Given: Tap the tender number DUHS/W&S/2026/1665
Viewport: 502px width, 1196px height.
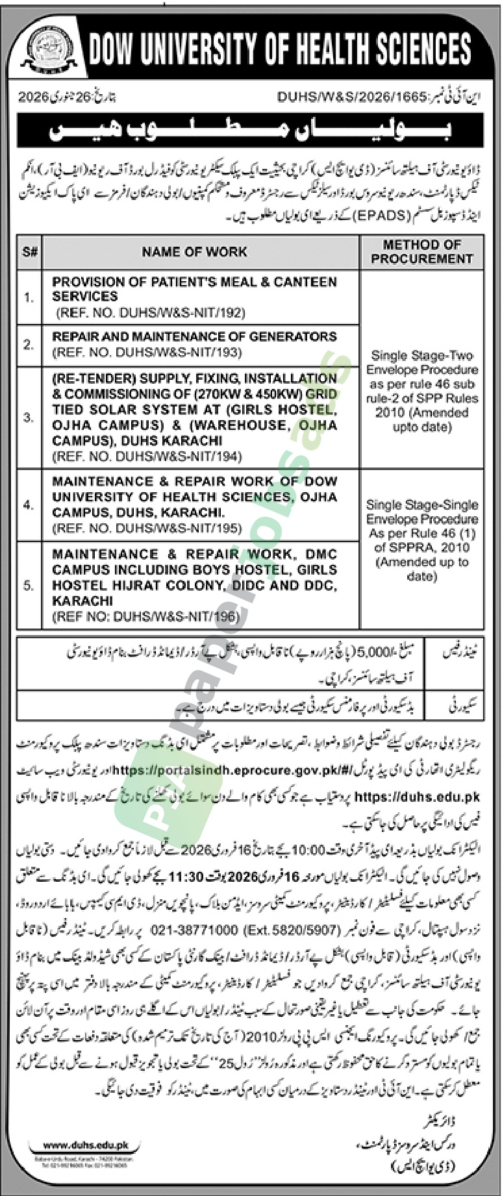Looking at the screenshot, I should tap(351, 97).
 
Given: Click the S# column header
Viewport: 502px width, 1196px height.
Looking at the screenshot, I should tap(30, 252).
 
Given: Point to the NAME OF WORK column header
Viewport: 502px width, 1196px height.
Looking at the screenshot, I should tap(194, 252).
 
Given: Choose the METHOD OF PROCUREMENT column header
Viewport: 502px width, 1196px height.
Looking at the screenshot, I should tap(421, 252).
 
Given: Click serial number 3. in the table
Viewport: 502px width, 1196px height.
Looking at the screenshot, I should tap(29, 417).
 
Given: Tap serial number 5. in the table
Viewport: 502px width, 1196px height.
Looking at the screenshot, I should tap(29, 585).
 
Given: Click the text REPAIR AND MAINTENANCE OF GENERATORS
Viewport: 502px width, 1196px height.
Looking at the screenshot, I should tap(194, 336).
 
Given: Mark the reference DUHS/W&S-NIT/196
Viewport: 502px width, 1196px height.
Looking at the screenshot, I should tap(145, 616).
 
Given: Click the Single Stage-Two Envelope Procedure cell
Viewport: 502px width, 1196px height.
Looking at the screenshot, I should tap(421, 391).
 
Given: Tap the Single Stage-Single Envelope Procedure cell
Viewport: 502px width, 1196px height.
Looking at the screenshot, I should tap(421, 540).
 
